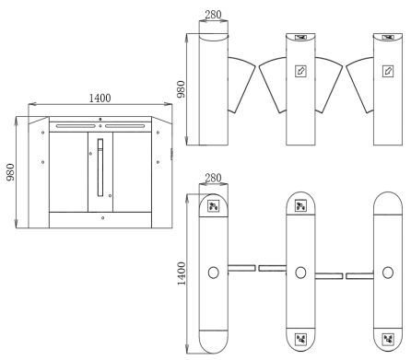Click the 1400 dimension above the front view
click(x=100, y=99)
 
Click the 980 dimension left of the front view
click(x=10, y=172)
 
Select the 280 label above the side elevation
click(x=213, y=15)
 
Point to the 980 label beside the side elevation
click(x=182, y=89)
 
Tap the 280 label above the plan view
click(x=213, y=178)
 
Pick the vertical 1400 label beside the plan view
click(x=182, y=273)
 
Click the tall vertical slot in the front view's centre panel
click(x=100, y=168)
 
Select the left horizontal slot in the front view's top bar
click(x=76, y=126)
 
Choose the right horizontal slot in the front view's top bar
click(x=124, y=126)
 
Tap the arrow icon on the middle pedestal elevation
click(x=300, y=71)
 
